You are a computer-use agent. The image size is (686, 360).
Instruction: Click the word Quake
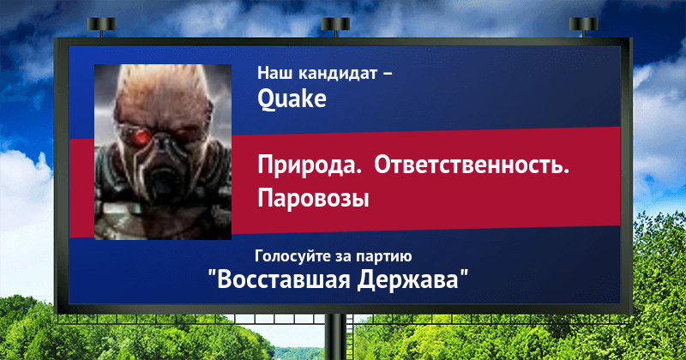click(x=292, y=99)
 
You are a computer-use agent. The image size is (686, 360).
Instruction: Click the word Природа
click(x=310, y=166)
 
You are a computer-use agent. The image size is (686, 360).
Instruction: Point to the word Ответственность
click(x=472, y=165)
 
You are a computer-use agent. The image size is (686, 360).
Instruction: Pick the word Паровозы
click(x=313, y=198)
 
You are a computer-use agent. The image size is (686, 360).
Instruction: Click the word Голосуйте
click(x=292, y=256)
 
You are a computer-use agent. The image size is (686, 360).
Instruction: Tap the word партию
click(x=383, y=256)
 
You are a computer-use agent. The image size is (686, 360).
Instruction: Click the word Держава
click(x=408, y=279)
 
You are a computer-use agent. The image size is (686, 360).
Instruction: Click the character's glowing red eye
click(x=141, y=137)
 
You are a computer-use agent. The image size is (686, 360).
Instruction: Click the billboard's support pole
click(x=335, y=337)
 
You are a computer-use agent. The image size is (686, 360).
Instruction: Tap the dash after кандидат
click(x=388, y=75)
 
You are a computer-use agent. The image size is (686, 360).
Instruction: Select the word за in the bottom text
click(x=342, y=258)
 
